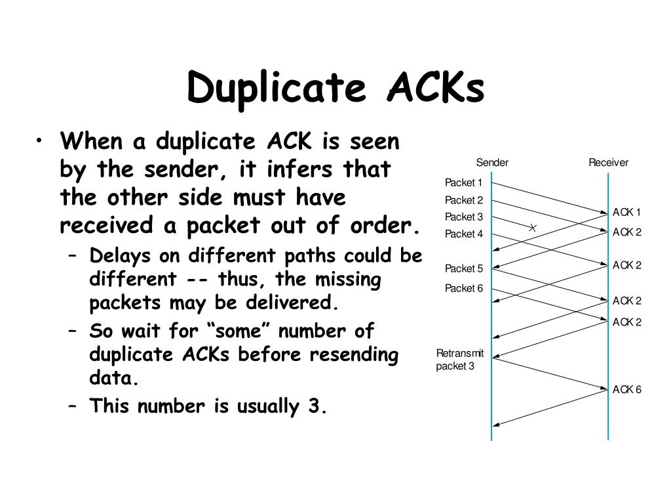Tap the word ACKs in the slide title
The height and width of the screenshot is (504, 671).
point(436,87)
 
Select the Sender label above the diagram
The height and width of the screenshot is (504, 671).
point(492,163)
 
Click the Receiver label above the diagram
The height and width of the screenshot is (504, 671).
point(608,163)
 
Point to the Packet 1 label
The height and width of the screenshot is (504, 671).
point(463,182)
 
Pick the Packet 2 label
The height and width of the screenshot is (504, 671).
point(463,200)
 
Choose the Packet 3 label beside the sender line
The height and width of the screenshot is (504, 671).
point(463,217)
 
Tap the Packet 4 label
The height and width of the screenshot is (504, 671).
point(463,234)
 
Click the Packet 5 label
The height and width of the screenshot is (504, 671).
point(463,268)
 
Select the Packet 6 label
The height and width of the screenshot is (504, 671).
point(463,288)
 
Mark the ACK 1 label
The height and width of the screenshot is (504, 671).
point(626,212)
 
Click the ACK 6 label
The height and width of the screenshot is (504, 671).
point(626,390)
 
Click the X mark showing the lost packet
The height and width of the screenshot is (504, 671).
point(533,228)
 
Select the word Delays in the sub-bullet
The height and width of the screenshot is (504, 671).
point(121,255)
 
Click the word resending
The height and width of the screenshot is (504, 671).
point(354,355)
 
